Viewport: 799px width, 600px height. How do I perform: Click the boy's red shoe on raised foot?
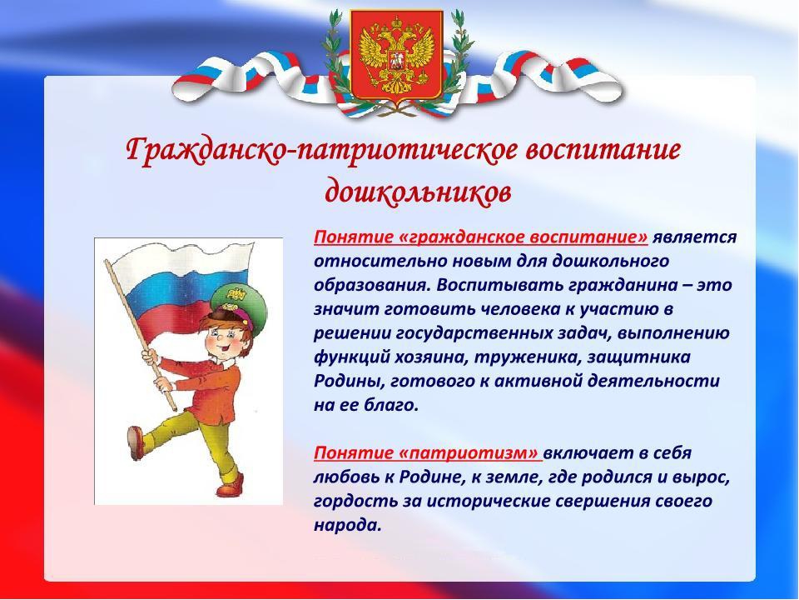(x=136, y=442)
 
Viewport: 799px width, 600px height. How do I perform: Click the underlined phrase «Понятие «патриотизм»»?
(x=427, y=453)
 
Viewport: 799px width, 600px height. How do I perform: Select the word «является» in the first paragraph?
(x=694, y=238)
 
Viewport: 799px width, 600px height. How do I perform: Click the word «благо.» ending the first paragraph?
(x=391, y=405)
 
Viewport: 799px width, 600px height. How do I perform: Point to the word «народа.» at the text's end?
(x=348, y=526)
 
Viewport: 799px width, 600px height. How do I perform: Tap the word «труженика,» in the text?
(x=528, y=357)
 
